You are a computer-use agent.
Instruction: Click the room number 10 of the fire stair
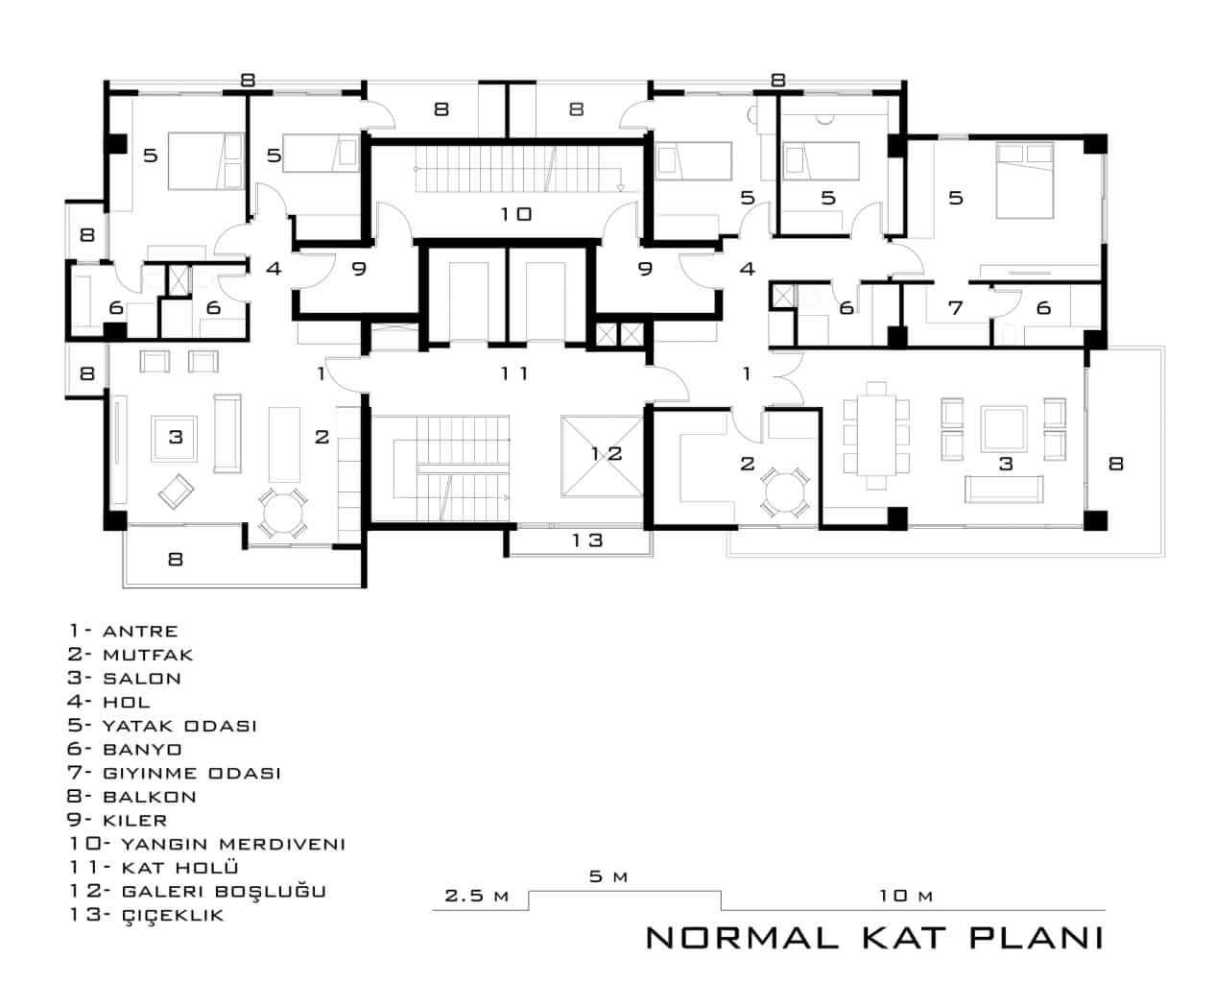click(515, 214)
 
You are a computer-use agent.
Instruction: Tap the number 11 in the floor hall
click(514, 373)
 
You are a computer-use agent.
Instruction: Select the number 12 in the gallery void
click(606, 454)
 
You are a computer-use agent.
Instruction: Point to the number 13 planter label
click(587, 540)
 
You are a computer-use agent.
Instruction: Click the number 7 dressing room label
click(955, 308)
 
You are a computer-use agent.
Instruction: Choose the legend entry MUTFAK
click(148, 655)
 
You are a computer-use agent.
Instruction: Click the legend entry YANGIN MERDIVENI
click(233, 844)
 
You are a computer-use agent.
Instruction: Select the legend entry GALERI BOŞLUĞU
click(224, 892)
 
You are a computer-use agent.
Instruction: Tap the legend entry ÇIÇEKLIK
click(173, 916)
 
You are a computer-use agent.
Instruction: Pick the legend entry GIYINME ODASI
click(191, 773)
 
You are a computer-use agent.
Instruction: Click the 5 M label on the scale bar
click(608, 876)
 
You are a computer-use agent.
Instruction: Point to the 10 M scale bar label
click(905, 896)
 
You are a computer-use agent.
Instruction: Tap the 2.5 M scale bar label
click(476, 896)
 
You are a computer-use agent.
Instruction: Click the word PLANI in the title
click(1036, 937)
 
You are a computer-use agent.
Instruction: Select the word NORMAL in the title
click(741, 937)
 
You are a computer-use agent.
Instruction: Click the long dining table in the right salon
click(875, 436)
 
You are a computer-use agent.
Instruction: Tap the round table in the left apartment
click(282, 512)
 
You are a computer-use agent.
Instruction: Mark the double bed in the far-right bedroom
click(1024, 180)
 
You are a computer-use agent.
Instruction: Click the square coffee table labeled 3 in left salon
click(175, 438)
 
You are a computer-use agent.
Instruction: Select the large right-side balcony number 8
click(1115, 463)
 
